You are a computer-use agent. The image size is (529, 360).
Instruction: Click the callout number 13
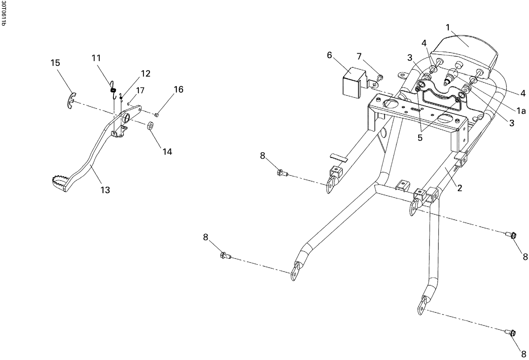click(x=105, y=190)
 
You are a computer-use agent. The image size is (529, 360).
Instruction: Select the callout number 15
click(x=55, y=63)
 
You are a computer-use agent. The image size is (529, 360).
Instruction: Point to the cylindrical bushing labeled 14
click(x=151, y=126)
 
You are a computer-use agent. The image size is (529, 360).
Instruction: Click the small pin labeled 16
click(x=158, y=114)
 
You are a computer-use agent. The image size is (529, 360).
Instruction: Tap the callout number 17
click(x=140, y=91)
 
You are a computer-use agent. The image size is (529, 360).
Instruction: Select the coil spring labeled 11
click(x=113, y=90)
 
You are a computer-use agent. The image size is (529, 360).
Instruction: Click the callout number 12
click(x=146, y=74)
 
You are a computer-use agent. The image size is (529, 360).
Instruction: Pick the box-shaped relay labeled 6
click(x=353, y=82)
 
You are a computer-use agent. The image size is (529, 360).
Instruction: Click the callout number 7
click(x=359, y=56)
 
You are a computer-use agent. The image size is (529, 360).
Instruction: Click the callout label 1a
click(x=521, y=111)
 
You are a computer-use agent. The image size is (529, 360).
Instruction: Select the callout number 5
click(x=420, y=138)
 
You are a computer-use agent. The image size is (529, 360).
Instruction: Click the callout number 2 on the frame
click(x=459, y=188)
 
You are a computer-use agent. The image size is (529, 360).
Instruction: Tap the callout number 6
click(x=329, y=55)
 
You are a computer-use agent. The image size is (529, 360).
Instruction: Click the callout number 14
click(x=167, y=152)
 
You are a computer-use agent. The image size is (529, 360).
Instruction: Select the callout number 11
click(x=96, y=58)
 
